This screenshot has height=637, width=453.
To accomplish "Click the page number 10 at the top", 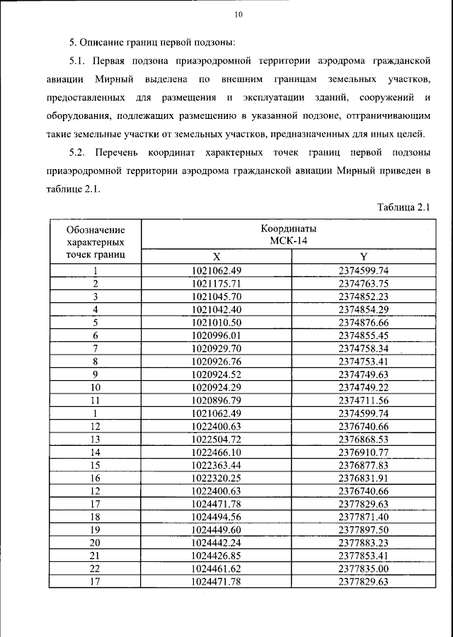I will [239, 14].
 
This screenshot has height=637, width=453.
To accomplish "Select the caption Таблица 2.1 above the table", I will [404, 207].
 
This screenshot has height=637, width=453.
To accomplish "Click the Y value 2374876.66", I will [364, 322].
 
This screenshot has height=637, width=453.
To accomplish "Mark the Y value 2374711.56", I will [364, 400].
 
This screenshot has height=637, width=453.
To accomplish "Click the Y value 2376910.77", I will [364, 452].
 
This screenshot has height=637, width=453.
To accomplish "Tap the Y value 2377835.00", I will [364, 568].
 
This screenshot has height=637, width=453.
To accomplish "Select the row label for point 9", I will [95, 374].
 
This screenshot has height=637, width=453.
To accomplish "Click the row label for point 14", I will [95, 452].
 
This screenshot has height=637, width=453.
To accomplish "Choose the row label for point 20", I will [95, 542].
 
